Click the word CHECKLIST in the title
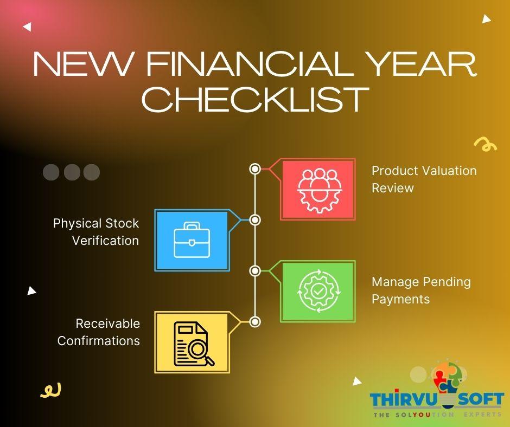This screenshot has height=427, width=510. click(255, 99)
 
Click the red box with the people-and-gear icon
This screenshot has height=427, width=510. click(317, 189)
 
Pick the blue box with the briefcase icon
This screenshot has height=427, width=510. click(192, 241)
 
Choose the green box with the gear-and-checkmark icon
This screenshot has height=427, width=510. click(317, 292)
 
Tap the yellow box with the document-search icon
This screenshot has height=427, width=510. click(192, 342)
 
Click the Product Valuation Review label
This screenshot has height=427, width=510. click(424, 179)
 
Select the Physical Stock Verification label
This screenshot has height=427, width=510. click(96, 232)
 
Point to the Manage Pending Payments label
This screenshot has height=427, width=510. click(421, 290)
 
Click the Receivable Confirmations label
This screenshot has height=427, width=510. click(99, 332)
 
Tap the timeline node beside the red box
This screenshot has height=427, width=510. click(255, 169)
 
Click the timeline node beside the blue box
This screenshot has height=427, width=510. click(255, 220)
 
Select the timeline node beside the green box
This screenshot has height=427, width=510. click(255, 270)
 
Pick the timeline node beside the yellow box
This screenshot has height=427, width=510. click(255, 322)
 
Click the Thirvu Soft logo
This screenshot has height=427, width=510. click(437, 393)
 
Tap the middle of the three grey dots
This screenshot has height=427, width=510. click(72, 172)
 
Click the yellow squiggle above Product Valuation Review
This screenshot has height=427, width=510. click(484, 144)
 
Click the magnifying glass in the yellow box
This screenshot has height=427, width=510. click(203, 355)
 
